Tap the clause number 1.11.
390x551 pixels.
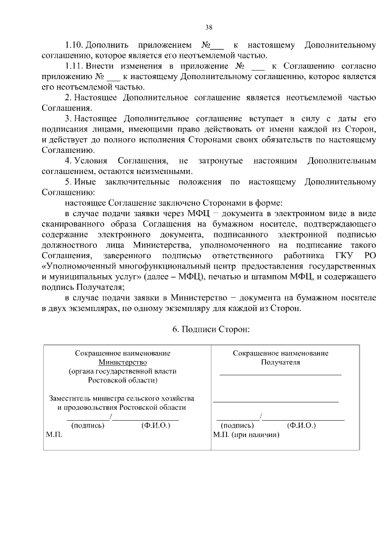[x=74, y=65]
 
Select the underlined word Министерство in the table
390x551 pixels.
[x=122, y=362]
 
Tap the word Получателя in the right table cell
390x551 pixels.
[x=280, y=362]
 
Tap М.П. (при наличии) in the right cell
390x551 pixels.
[x=246, y=435]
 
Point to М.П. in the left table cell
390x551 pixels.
[x=54, y=436]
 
